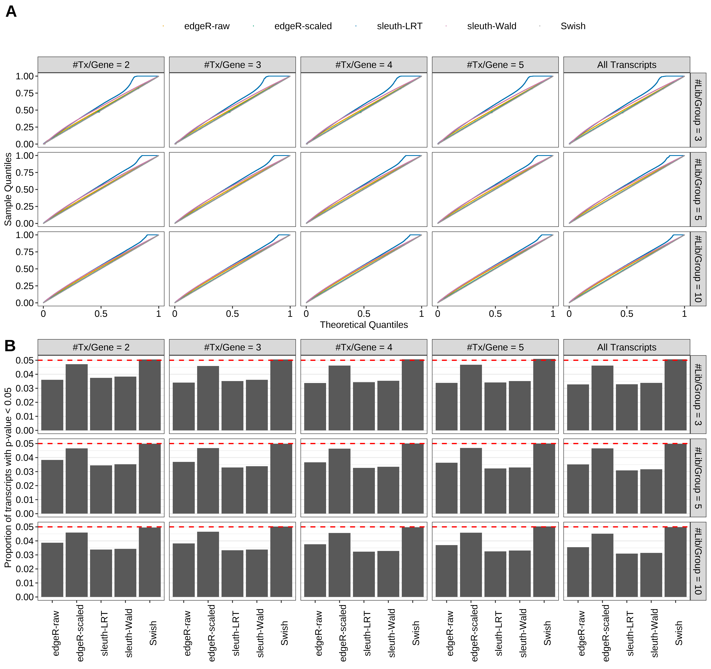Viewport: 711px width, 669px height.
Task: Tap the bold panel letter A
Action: click(11, 12)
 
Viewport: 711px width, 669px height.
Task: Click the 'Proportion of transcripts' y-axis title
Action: click(8, 477)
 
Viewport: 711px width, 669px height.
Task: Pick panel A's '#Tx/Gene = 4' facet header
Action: click(364, 65)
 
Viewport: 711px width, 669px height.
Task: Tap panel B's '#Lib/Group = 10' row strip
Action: click(698, 561)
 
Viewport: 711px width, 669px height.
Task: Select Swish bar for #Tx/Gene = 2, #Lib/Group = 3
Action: click(150, 395)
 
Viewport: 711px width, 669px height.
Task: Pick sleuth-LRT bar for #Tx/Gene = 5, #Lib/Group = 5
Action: click(495, 491)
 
